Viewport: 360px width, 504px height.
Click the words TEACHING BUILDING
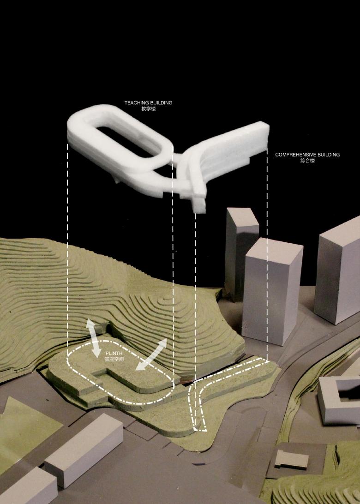[149, 103]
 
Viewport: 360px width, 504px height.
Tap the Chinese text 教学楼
[149, 108]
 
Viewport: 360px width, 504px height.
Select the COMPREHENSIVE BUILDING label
[307, 155]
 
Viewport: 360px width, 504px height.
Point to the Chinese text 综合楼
[307, 161]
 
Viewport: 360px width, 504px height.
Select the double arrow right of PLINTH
[151, 354]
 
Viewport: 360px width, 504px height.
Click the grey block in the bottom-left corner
[27, 487]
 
